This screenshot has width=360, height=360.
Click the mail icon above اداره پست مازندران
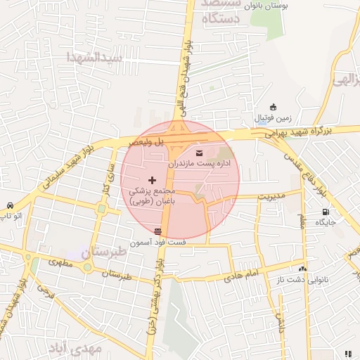[198, 153]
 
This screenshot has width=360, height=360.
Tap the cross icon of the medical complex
[153, 181]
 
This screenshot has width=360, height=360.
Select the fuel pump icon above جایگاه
[325, 212]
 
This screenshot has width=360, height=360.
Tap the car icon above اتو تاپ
[8, 205]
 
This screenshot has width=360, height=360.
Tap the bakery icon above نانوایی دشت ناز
[302, 269]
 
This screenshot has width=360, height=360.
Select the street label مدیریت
[269, 195]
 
